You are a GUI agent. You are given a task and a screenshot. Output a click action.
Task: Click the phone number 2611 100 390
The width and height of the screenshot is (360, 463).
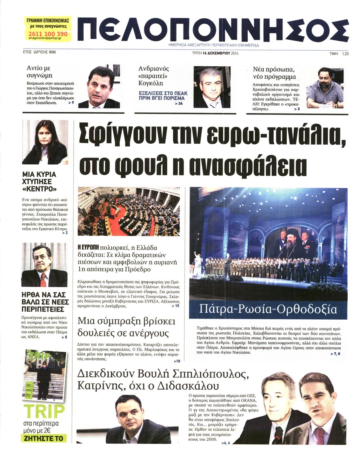coord(48,34)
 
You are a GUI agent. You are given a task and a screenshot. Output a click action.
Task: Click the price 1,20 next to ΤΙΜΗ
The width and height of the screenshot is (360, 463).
coord(345,54)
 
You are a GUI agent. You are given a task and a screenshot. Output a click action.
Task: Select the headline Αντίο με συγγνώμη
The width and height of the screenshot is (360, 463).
coord(39,72)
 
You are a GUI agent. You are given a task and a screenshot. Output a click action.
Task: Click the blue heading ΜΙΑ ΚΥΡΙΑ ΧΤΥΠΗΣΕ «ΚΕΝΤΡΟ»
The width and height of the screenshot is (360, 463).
coord(39,182)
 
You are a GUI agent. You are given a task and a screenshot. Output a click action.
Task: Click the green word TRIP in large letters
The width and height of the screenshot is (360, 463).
coord(44,411)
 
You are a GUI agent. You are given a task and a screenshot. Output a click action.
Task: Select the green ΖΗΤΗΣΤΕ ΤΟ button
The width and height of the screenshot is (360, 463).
coord(44,439)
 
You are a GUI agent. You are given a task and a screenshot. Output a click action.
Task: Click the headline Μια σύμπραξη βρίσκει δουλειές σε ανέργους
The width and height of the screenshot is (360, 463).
coord(126,327)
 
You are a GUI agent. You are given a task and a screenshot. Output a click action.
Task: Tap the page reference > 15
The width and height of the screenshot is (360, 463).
coord(175,306)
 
